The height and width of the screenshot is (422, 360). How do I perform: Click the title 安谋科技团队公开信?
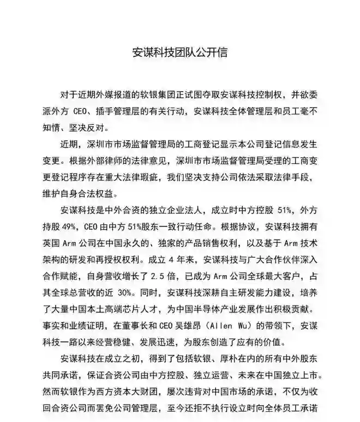point(179,52)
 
